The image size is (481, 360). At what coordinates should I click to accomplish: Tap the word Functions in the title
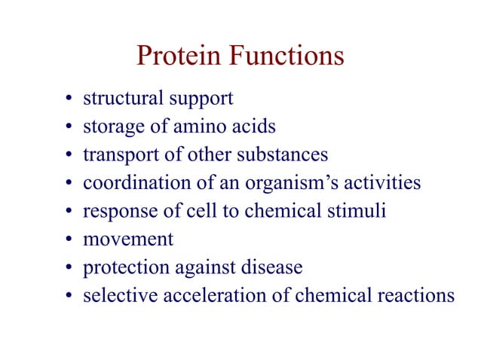click(x=290, y=56)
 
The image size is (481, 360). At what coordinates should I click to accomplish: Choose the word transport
click(x=118, y=156)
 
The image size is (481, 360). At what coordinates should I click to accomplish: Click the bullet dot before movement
click(x=69, y=241)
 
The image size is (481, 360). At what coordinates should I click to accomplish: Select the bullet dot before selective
click(x=69, y=297)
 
